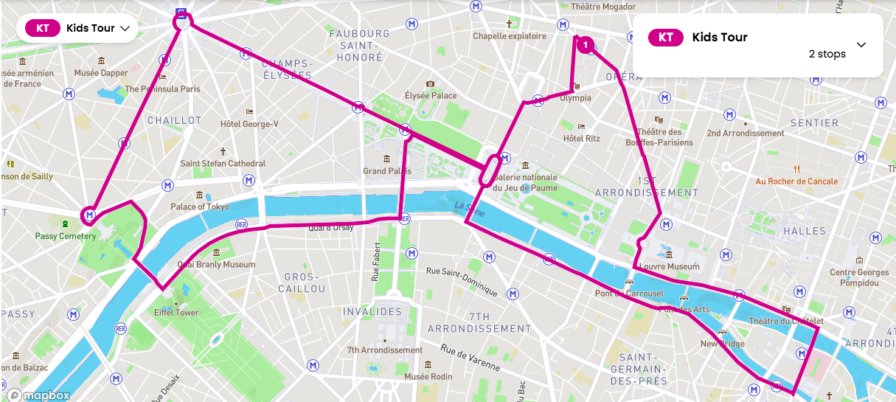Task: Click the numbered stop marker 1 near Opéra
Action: click(585, 46)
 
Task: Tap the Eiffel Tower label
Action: click(176, 313)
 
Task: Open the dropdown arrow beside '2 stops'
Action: click(861, 45)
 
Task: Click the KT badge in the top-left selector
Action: click(43, 28)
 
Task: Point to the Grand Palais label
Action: click(386, 171)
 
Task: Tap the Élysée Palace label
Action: click(431, 95)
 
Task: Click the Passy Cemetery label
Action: click(66, 236)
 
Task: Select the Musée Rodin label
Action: click(428, 377)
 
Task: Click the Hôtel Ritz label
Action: click(582, 138)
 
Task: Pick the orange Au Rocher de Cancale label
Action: click(796, 181)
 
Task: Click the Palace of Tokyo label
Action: click(200, 207)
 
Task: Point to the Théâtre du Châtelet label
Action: click(785, 321)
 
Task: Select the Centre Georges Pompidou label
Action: click(859, 277)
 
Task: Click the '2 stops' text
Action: click(827, 54)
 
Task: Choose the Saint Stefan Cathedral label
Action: click(223, 163)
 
